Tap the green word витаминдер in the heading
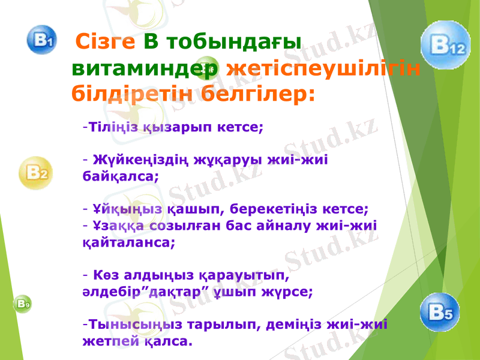(x=144, y=68)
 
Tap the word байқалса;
(x=120, y=177)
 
